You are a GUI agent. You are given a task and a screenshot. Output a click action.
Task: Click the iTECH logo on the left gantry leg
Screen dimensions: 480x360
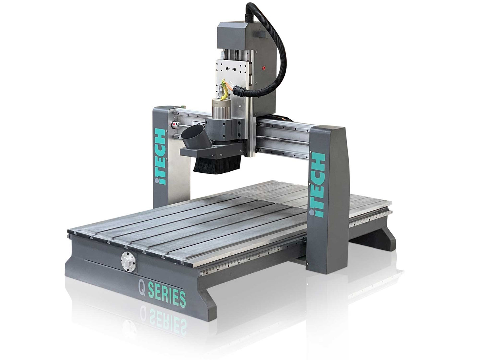(x=160, y=156)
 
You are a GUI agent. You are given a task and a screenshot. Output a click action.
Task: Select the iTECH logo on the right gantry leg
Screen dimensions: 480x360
(x=317, y=185)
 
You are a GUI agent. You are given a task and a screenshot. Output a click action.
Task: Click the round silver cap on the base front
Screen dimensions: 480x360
(x=128, y=261)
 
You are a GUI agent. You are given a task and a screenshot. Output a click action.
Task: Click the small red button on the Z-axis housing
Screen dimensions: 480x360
(x=264, y=68)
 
